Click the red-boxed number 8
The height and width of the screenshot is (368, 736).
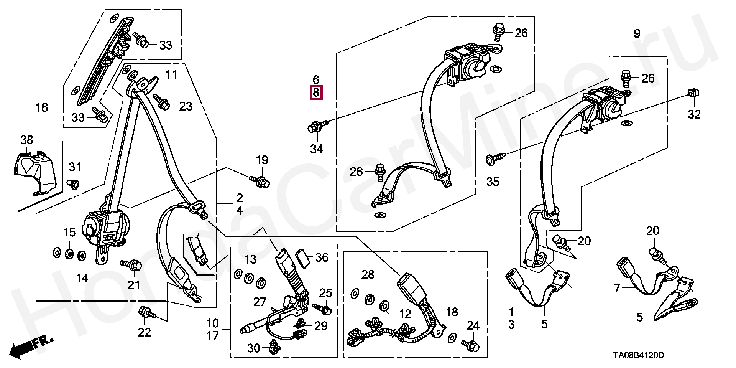[x=316, y=92]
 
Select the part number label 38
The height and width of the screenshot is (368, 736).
[x=26, y=140]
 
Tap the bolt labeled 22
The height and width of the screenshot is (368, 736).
[x=146, y=312]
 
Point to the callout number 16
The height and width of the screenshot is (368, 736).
[x=42, y=107]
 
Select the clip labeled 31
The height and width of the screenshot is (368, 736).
[x=74, y=184]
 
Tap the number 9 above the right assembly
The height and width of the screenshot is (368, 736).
[x=636, y=34]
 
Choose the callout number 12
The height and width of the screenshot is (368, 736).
[x=405, y=314]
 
